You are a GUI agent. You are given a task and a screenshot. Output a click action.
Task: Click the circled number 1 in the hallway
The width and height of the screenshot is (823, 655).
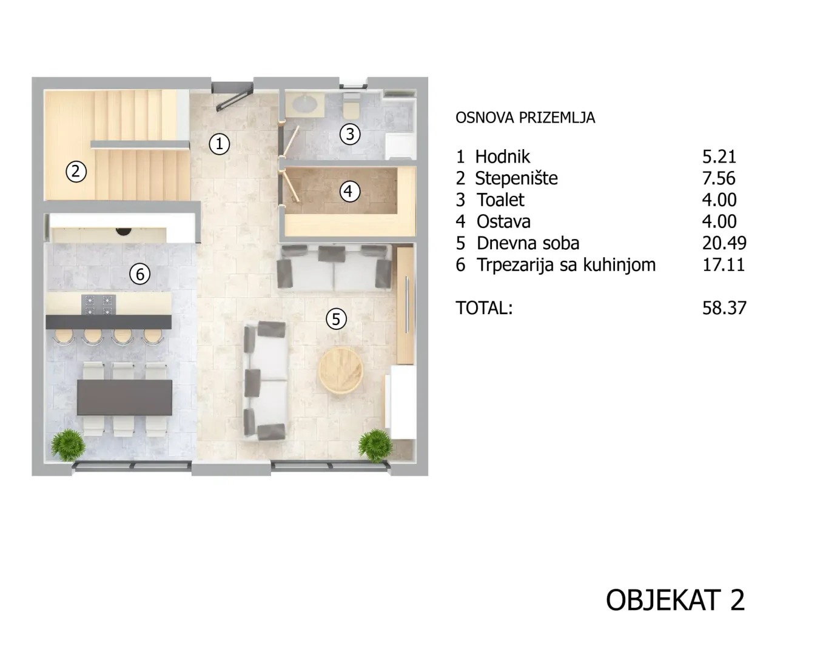pos(219,144)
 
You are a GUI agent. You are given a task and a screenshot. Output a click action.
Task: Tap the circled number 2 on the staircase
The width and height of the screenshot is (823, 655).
pos(76,171)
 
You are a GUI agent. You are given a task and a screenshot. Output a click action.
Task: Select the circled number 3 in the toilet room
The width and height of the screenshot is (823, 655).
pos(350,134)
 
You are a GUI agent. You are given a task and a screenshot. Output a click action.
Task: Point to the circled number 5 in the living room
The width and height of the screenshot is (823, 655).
pos(336,319)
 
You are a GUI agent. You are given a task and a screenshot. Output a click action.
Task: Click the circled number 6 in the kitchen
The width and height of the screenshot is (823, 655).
pos(139,274)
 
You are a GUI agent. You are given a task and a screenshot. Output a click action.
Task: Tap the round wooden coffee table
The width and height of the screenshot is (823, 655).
pos(341,370)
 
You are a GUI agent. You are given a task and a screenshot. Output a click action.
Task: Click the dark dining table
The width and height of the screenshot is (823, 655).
pos(125,397)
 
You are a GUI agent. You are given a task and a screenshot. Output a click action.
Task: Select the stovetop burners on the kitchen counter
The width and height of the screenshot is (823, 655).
pos(98,304)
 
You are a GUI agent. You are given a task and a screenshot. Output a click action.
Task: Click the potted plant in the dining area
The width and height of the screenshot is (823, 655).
pos(69,445)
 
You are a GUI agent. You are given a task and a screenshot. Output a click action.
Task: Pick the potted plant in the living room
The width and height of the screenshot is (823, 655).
pos(375,445)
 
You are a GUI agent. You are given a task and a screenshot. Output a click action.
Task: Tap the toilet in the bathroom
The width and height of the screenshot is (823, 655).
pos(351,106)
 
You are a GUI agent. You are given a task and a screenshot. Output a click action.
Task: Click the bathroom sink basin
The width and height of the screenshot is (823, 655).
pos(305,104)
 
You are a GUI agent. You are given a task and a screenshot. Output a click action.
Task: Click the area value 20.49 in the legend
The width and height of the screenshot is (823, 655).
pos(724,243)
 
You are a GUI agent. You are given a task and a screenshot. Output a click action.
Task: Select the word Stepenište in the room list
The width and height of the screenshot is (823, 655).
pos(516,178)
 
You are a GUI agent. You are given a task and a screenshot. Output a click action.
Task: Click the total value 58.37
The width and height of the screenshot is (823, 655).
pos(724,308)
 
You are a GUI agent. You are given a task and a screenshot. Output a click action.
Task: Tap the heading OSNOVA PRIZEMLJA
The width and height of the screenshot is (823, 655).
pos(525,118)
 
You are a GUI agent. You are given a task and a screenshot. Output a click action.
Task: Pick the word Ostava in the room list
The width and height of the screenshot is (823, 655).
pos(503,221)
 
